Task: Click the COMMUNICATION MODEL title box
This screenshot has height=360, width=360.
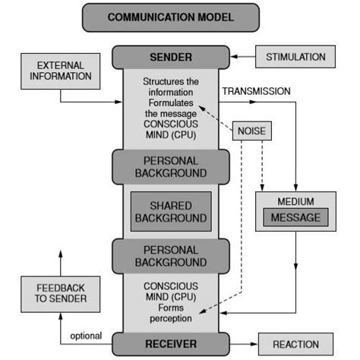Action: click(170, 17)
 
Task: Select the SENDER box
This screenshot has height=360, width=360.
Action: click(170, 57)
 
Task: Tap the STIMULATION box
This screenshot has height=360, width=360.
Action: click(295, 56)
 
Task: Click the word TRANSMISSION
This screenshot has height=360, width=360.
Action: click(255, 91)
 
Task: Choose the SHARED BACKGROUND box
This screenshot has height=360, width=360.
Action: click(170, 211)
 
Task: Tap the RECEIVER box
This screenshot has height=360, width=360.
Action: click(170, 343)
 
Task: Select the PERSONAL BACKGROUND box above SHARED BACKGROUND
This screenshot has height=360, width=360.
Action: click(170, 166)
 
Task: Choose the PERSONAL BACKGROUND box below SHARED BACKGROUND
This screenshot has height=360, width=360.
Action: click(170, 255)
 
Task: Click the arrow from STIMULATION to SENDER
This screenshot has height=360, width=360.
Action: click(241, 56)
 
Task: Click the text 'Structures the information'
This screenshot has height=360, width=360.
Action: click(170, 85)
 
